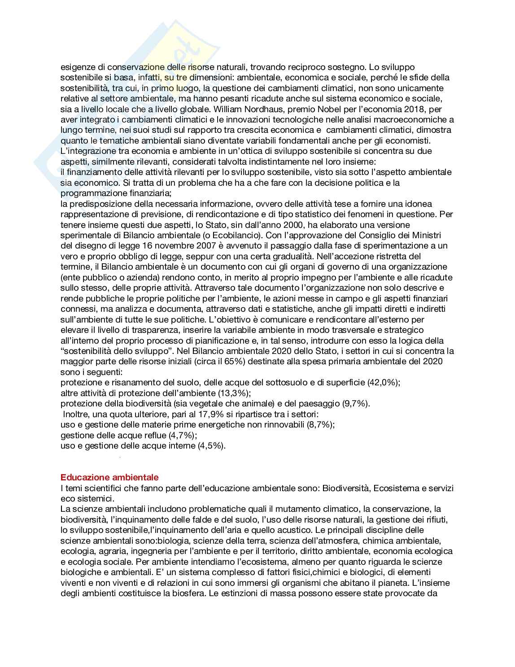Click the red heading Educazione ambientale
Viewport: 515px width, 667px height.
point(109,477)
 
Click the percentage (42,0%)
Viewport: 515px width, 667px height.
point(384,382)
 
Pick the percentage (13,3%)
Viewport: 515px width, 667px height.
point(234,393)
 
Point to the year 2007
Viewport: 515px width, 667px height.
point(193,246)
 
